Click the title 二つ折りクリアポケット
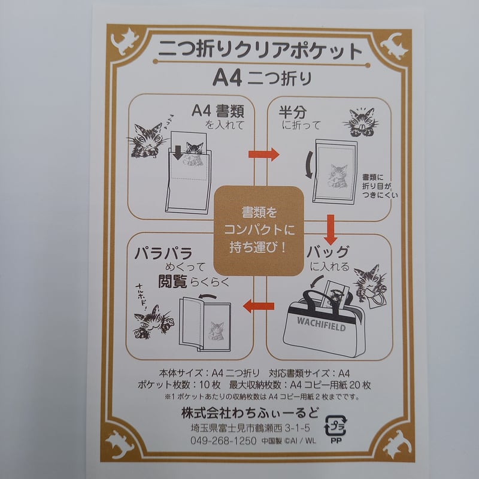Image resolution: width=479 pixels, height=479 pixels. click(x=260, y=50)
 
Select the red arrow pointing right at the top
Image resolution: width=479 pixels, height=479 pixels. click(x=263, y=154)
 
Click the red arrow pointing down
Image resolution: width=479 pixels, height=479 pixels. click(x=329, y=226)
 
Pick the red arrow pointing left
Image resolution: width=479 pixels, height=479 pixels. click(x=258, y=307)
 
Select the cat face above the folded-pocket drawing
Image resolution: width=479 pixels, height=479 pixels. click(x=361, y=120)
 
